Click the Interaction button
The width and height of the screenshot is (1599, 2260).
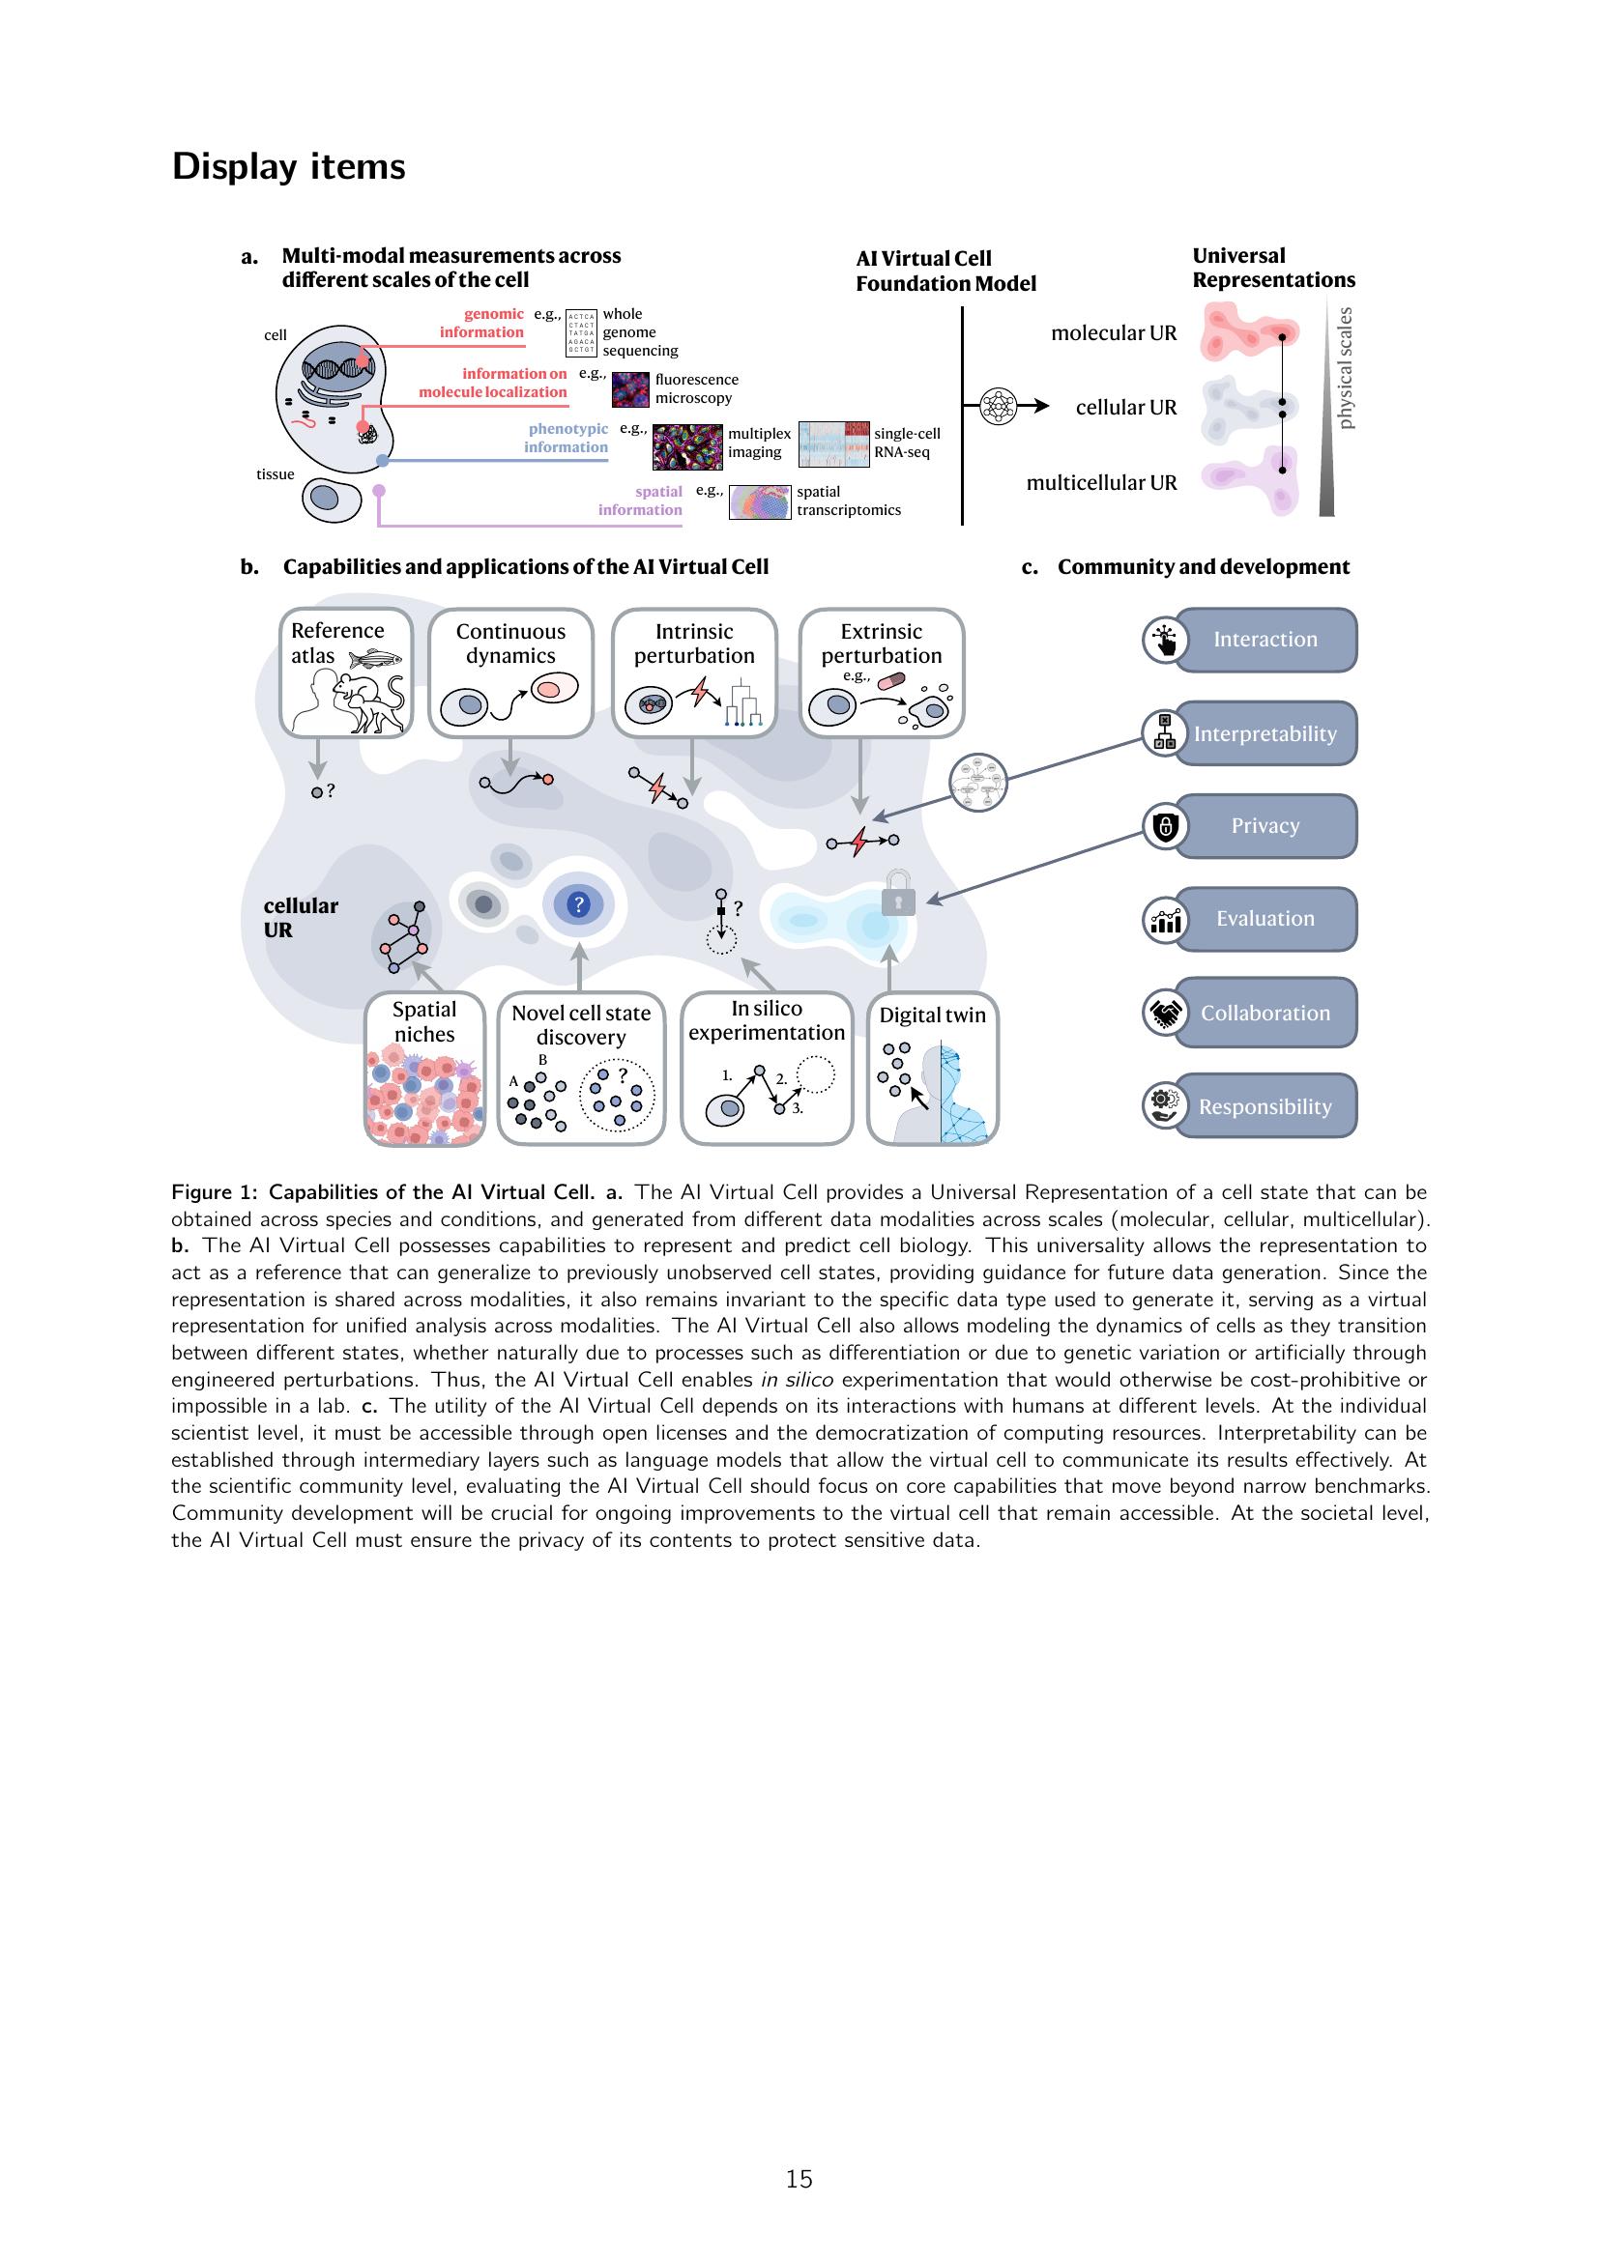(1265, 640)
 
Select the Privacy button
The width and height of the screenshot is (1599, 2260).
(1265, 826)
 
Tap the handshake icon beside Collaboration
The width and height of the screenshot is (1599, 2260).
(1165, 1013)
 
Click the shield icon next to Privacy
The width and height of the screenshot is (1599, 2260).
(1165, 827)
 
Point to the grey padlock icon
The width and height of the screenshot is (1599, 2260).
(898, 894)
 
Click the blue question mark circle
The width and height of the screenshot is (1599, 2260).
(579, 903)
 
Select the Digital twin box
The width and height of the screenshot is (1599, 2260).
(932, 1069)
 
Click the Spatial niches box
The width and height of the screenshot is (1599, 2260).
(424, 1069)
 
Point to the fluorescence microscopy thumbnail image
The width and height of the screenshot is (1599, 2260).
(631, 388)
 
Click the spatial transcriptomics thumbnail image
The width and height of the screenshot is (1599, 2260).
(760, 502)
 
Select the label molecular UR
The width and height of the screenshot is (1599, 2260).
(1114, 333)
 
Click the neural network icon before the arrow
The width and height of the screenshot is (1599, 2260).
(999, 406)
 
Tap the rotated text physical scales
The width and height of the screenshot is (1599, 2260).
(1346, 368)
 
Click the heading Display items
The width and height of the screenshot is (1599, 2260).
(288, 166)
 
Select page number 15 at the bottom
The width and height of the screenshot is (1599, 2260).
(799, 2179)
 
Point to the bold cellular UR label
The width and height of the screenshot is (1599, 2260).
(300, 917)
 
